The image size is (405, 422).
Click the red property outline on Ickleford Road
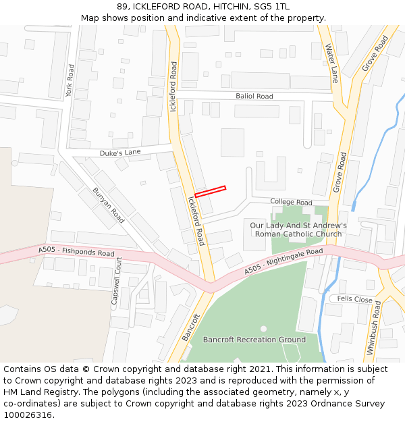click(x=210, y=192)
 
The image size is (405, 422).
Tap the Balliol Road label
click(x=254, y=97)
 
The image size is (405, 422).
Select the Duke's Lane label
click(x=120, y=153)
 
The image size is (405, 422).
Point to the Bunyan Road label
click(x=108, y=206)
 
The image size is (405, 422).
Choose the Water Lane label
click(x=331, y=63)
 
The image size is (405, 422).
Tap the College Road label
click(x=291, y=202)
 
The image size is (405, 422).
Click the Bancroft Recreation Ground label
click(x=254, y=340)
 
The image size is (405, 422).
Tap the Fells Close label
click(x=354, y=299)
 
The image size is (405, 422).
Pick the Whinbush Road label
click(x=374, y=328)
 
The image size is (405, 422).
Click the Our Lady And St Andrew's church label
click(x=298, y=230)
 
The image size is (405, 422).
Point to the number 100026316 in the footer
click(x=28, y=415)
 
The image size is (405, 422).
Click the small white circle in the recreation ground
click(x=263, y=329)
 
